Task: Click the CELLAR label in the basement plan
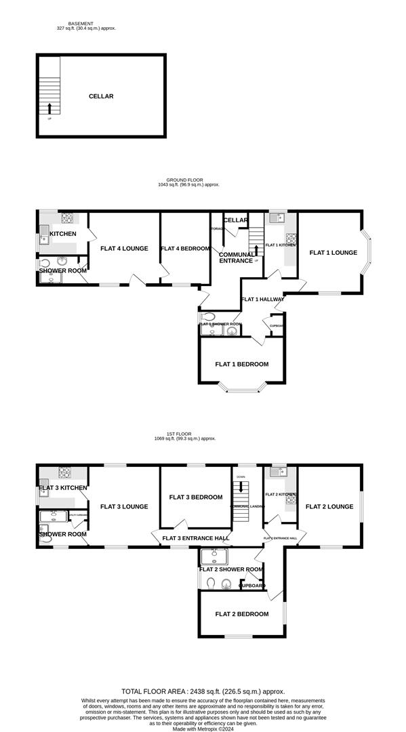click(101, 96)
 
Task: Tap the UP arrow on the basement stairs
click(49, 107)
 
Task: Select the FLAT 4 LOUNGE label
click(124, 249)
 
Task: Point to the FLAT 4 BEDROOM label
click(185, 249)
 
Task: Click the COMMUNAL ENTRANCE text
click(237, 258)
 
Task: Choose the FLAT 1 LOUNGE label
click(333, 253)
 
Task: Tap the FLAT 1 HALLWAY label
click(263, 300)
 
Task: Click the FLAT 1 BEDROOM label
click(241, 364)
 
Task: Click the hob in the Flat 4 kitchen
click(68, 218)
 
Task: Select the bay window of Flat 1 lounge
click(368, 253)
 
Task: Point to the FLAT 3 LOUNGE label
click(124, 506)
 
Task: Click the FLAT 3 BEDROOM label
click(196, 497)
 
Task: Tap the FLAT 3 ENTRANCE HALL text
click(195, 539)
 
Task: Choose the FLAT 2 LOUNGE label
click(329, 506)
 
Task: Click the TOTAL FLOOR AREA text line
click(203, 689)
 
